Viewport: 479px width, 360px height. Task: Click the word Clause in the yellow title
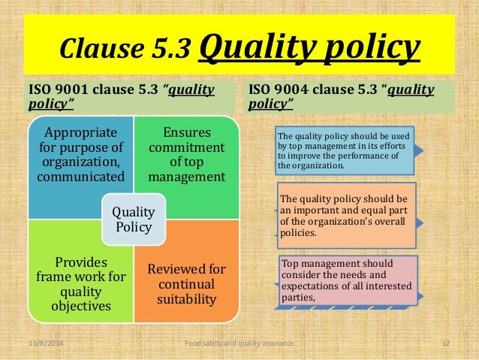92,49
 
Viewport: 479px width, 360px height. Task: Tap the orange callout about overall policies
346,216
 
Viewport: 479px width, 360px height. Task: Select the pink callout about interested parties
346,279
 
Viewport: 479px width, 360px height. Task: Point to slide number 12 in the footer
445,343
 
